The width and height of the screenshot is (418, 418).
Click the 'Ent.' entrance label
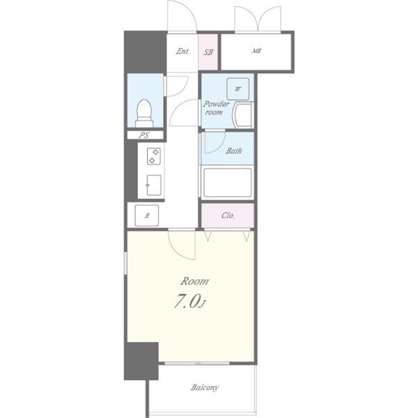point(183,51)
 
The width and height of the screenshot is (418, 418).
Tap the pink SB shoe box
point(208,52)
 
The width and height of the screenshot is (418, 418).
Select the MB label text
point(256,51)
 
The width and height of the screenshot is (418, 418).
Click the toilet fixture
point(144,114)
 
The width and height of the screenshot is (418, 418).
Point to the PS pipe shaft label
point(144,135)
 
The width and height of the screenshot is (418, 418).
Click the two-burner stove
point(154,156)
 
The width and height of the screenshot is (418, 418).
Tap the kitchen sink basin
point(154,185)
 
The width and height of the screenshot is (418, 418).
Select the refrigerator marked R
point(146,216)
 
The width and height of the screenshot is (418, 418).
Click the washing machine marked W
point(238,88)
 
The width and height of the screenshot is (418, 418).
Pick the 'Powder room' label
point(216,108)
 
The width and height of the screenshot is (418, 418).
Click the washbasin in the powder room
point(242,115)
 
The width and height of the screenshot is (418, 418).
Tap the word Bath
point(233,151)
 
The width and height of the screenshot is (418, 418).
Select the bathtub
point(227,183)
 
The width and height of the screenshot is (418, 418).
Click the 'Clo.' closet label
point(228,215)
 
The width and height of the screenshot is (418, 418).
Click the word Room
point(194,281)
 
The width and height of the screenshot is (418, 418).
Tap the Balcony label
point(204,387)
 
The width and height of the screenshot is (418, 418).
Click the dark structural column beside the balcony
point(141,361)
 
